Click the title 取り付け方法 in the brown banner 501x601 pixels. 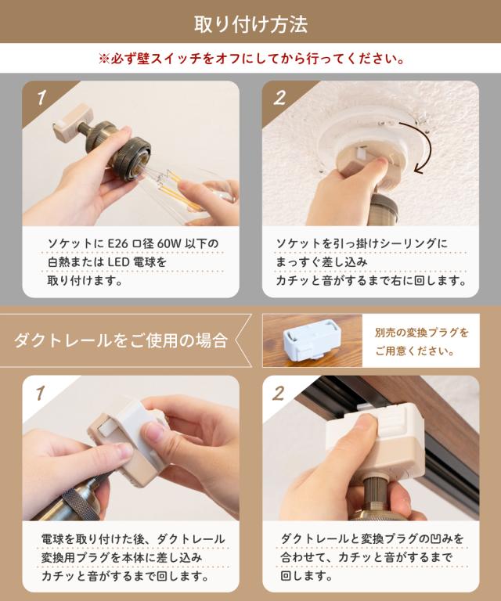point(250,24)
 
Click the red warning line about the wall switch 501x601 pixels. point(252,59)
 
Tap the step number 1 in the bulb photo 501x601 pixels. point(41,97)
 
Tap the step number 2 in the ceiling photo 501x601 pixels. point(280,98)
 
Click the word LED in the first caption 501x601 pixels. point(117,263)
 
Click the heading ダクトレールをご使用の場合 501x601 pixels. point(121,340)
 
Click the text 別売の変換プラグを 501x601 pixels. point(422,333)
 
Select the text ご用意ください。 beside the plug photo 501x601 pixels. point(415,351)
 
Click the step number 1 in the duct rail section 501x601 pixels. point(40,394)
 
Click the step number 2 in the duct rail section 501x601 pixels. point(279,394)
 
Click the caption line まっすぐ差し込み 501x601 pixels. point(321,262)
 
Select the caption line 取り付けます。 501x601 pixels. point(85,281)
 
